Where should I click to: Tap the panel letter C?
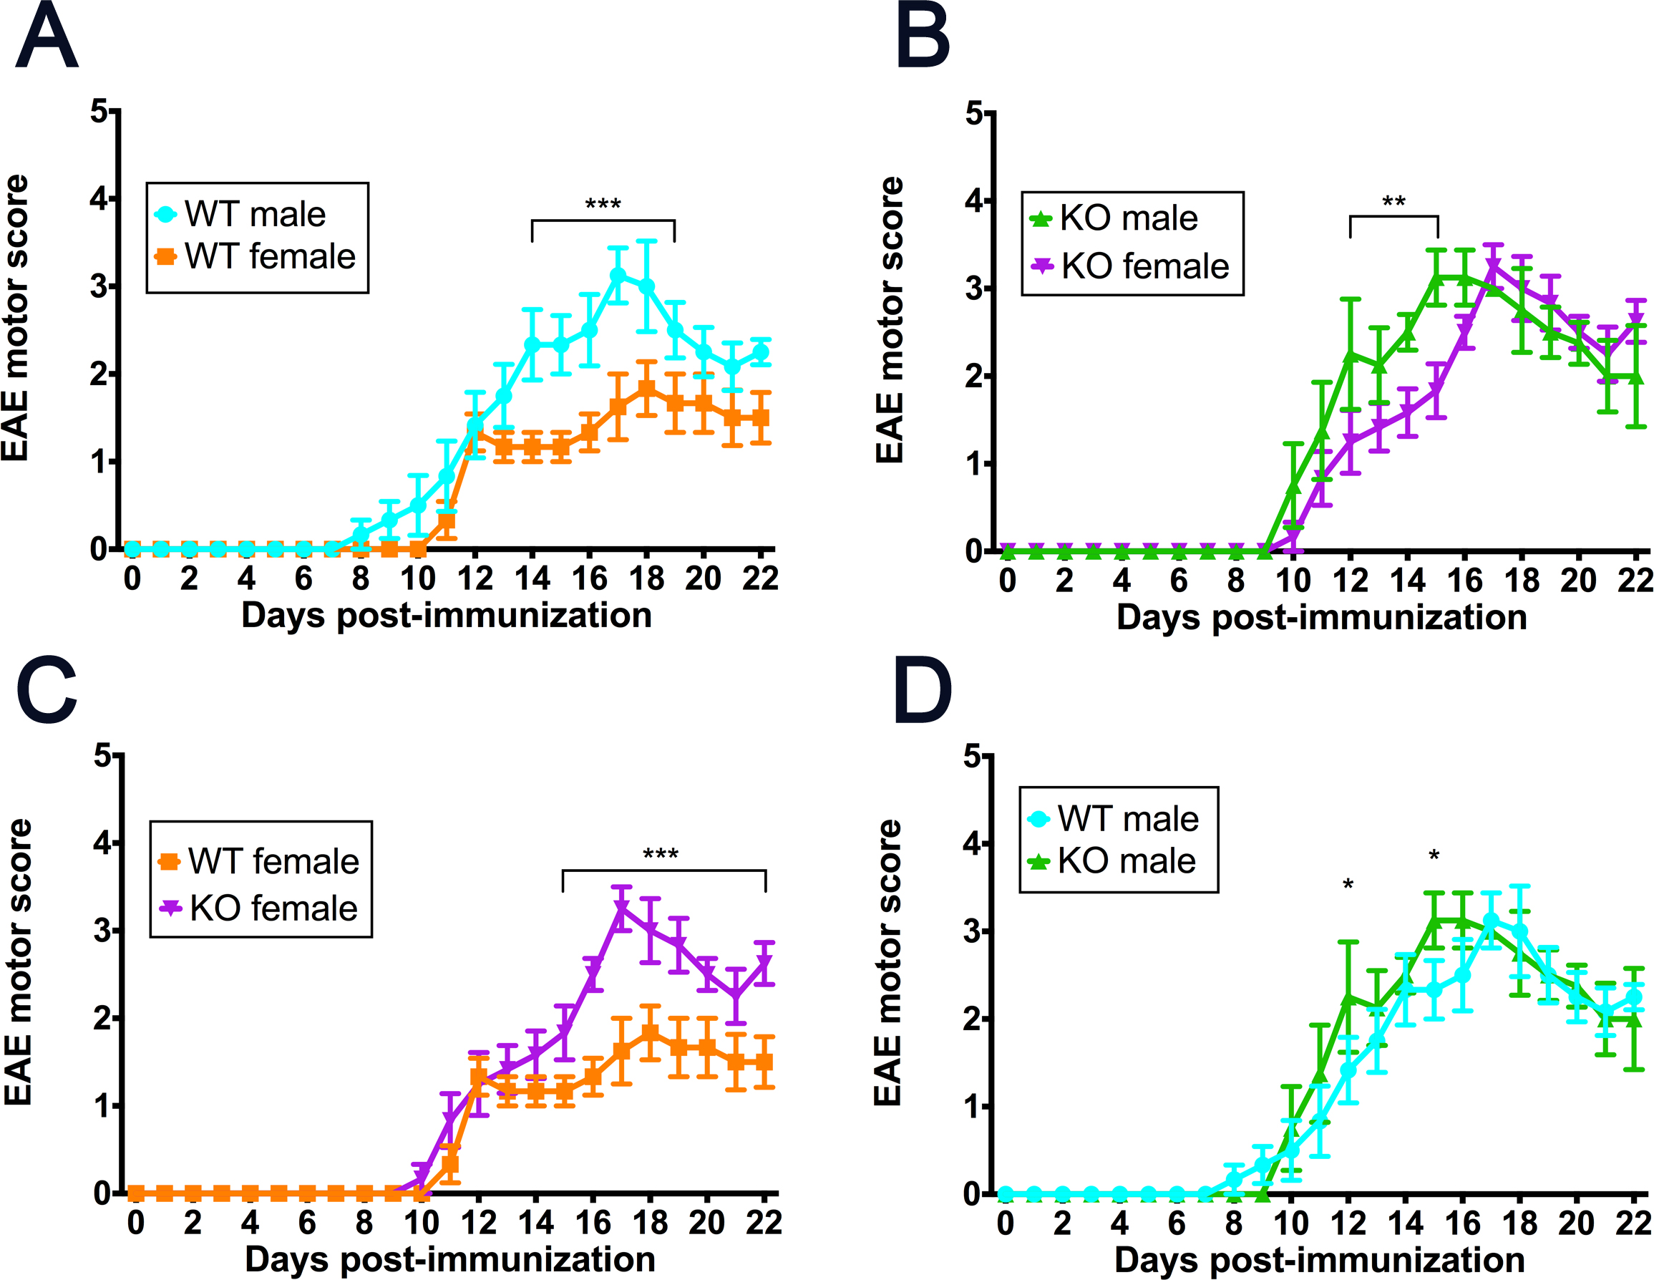tap(47, 690)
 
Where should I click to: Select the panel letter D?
tap(923, 690)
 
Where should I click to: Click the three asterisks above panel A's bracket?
tap(603, 205)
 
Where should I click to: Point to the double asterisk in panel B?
tap(1393, 201)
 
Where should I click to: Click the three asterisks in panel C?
tap(661, 855)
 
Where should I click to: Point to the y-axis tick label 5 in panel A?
tap(99, 112)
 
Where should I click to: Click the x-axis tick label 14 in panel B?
tap(1407, 581)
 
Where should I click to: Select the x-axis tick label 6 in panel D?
tap(1176, 1223)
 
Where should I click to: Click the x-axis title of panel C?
tap(450, 1259)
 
